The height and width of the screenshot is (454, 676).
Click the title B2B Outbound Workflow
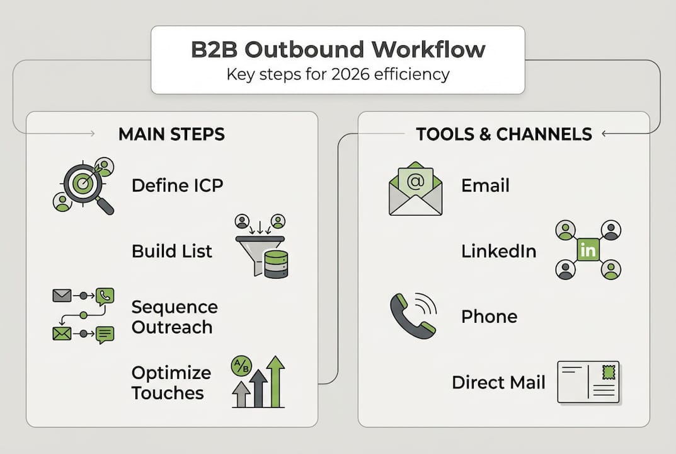(338, 50)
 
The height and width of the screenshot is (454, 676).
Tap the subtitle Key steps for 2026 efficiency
(338, 74)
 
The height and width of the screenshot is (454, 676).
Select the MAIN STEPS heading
(171, 134)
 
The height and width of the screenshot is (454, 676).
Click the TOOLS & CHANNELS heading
(503, 134)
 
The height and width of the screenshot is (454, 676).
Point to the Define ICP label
(177, 185)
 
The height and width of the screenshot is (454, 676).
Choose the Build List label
(172, 251)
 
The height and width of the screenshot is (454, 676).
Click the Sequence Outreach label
(175, 317)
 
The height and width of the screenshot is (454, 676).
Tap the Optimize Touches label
(171, 383)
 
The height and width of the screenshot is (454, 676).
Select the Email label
(485, 185)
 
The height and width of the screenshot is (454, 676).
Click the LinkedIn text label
(499, 251)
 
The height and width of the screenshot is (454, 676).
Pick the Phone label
(489, 317)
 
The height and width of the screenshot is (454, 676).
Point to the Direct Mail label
(498, 382)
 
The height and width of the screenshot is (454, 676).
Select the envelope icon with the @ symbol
(415, 190)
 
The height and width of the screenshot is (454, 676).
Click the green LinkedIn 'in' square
(588, 250)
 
